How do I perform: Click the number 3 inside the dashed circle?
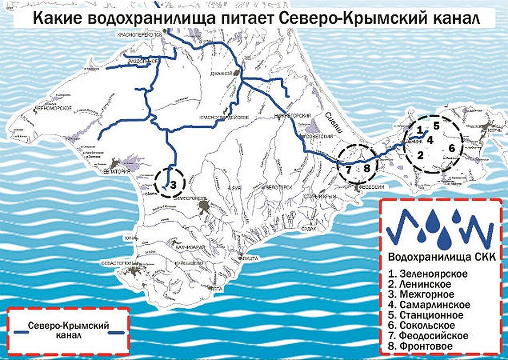click(x=173, y=184)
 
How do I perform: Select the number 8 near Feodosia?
click(x=367, y=168)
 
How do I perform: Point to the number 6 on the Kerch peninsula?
click(x=452, y=148)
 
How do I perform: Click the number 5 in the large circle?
click(x=436, y=126)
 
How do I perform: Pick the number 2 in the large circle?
click(x=420, y=154)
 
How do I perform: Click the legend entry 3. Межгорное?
click(x=421, y=295)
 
